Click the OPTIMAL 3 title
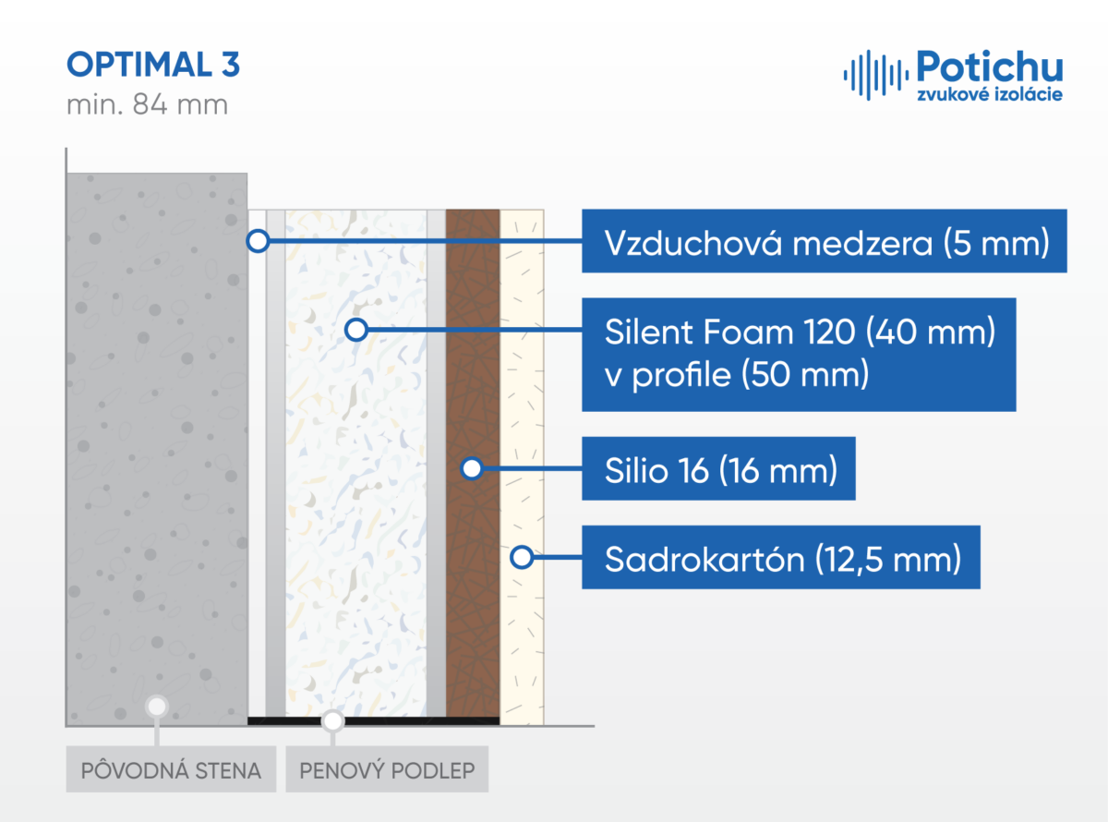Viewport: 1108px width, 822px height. pyautogui.click(x=153, y=65)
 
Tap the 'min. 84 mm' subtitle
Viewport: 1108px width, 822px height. pyautogui.click(x=148, y=104)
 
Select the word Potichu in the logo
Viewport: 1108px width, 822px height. pyautogui.click(x=990, y=66)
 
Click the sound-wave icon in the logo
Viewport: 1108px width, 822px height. pyautogui.click(x=876, y=75)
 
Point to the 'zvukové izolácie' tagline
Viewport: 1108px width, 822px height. pyautogui.click(x=990, y=94)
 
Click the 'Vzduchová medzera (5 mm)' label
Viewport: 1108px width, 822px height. pyautogui.click(x=825, y=241)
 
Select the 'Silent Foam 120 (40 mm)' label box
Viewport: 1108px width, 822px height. pyautogui.click(x=799, y=355)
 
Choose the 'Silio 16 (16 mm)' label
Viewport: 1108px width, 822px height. pyautogui.click(x=718, y=468)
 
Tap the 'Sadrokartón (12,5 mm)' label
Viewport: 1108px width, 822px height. pyautogui.click(x=781, y=557)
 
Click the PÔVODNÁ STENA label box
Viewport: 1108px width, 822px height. pyautogui.click(x=171, y=769)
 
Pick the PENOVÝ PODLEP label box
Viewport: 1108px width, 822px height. pyautogui.click(x=387, y=769)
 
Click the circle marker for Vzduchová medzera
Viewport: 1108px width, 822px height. pyautogui.click(x=258, y=241)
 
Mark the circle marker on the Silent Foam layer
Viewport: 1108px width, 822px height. pyautogui.click(x=356, y=330)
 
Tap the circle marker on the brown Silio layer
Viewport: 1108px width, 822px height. pyautogui.click(x=472, y=468)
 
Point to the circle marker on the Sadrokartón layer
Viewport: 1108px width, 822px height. pyautogui.click(x=522, y=557)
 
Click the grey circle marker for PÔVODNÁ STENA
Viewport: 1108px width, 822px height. pyautogui.click(x=157, y=707)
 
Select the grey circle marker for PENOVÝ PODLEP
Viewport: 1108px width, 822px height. pyautogui.click(x=332, y=721)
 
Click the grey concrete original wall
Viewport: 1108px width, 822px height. pyautogui.click(x=157, y=449)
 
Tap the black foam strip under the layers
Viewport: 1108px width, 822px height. pyautogui.click(x=374, y=720)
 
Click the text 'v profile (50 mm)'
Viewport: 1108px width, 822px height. pyautogui.click(x=737, y=375)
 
